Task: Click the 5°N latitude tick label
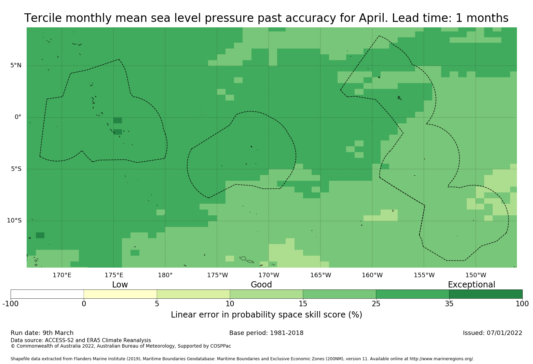(x=16, y=65)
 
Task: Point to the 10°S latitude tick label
(x=14, y=220)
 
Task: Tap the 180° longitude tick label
(x=165, y=275)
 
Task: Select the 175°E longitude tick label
(x=114, y=275)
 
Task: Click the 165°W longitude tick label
(x=320, y=275)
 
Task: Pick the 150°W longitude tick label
(x=476, y=275)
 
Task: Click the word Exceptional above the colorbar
(x=471, y=284)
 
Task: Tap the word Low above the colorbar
(x=120, y=284)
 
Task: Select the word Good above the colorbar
(x=261, y=284)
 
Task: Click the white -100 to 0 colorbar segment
(x=47, y=294)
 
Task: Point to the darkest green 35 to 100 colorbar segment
(x=486, y=294)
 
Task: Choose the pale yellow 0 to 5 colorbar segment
(x=120, y=294)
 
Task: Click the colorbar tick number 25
(x=376, y=304)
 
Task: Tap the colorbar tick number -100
(x=11, y=304)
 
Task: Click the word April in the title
(x=373, y=18)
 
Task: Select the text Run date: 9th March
(x=42, y=333)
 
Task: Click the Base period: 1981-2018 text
(x=266, y=333)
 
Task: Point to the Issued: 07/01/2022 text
(x=493, y=333)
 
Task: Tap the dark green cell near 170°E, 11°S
(x=40, y=235)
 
